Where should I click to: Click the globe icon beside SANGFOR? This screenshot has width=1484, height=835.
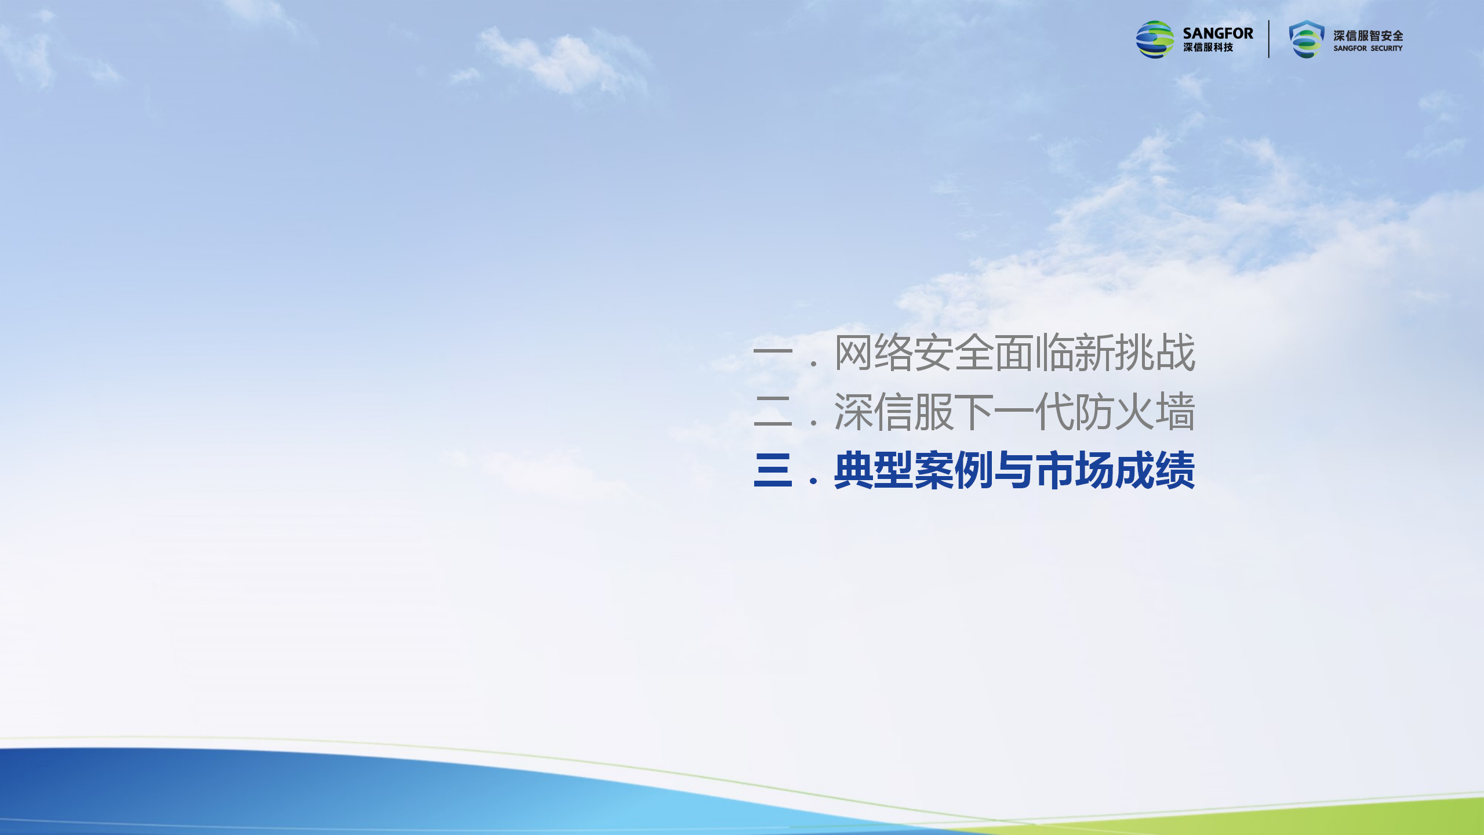tap(1155, 39)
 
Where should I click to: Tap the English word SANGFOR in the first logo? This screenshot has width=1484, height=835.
tap(1218, 34)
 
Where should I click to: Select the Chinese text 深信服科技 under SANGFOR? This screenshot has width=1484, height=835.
tap(1208, 48)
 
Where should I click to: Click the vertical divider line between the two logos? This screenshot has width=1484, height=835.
tap(1269, 39)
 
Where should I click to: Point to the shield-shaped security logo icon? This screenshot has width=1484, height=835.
tap(1307, 39)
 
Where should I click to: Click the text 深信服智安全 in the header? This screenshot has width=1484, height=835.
tap(1368, 36)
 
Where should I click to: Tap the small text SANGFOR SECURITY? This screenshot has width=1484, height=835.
tap(1368, 49)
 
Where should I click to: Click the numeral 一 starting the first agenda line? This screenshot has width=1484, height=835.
tap(773, 352)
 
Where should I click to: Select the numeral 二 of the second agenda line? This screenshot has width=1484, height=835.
tap(773, 411)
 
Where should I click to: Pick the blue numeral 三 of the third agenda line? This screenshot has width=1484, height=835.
tap(773, 470)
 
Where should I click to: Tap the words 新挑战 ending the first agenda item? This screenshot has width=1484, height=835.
tap(1136, 352)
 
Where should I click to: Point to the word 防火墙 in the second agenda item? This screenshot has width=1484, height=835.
tap(1135, 412)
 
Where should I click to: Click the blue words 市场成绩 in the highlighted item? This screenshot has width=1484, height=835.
tap(1115, 470)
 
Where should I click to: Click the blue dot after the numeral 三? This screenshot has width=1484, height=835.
tap(814, 481)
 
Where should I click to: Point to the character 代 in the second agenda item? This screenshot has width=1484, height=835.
tap(1054, 412)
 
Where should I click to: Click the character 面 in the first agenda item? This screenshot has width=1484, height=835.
tap(1014, 353)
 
